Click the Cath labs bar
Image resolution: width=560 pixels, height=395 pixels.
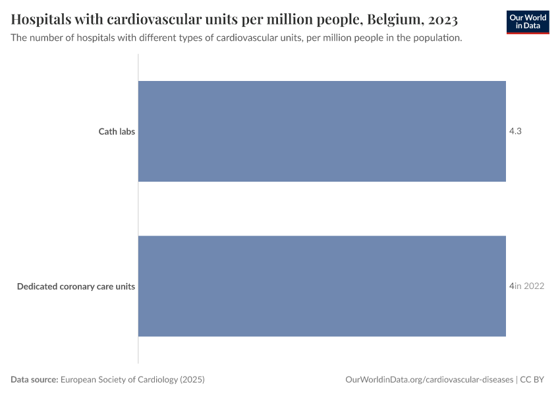322,131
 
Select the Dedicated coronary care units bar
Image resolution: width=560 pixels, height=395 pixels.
322,286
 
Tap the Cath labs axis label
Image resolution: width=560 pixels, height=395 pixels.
117,132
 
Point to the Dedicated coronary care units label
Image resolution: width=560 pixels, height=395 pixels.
76,286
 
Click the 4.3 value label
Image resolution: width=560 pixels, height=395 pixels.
515,132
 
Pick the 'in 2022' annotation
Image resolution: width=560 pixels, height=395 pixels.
529,286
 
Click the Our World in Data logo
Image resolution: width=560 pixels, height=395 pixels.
528,22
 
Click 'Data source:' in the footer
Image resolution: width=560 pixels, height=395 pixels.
34,380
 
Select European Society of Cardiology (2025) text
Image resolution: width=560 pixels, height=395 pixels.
132,380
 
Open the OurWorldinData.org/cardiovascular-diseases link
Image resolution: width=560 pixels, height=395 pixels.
429,380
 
